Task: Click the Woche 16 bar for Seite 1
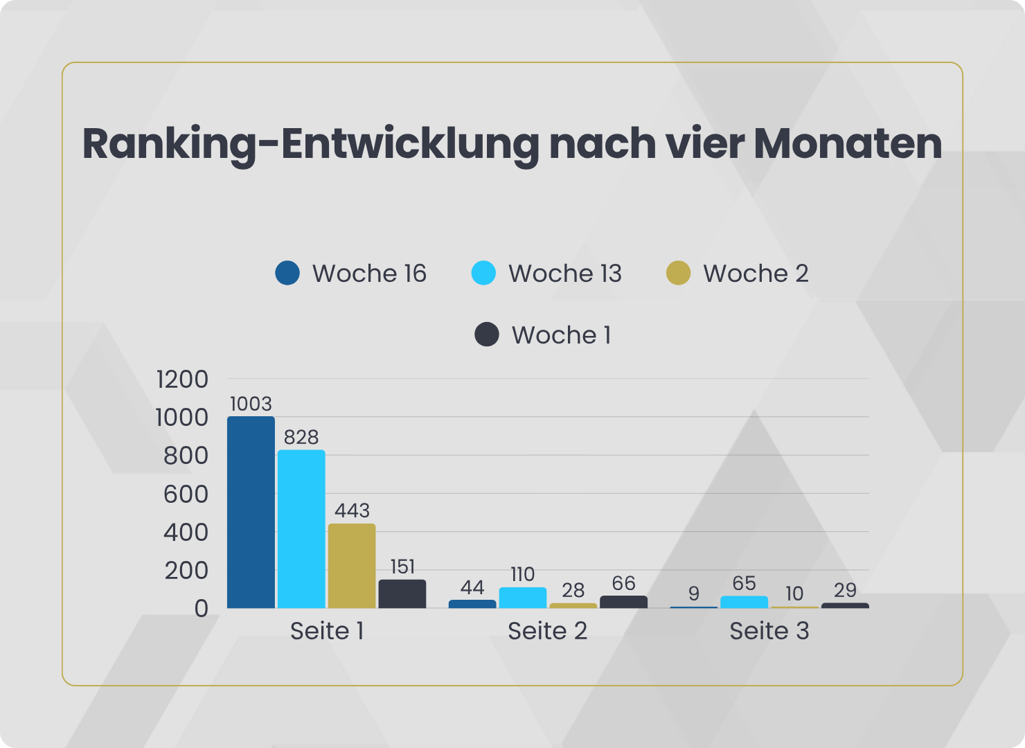click(251, 513)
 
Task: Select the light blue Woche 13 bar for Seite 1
click(301, 529)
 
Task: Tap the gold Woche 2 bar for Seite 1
click(352, 566)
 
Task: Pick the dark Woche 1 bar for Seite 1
click(402, 594)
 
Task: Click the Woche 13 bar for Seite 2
click(523, 598)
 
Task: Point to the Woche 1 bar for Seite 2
click(623, 602)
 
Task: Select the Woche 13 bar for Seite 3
click(744, 602)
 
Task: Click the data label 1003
click(251, 404)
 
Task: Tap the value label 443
click(352, 510)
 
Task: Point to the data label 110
click(523, 574)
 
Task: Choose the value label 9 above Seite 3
click(694, 594)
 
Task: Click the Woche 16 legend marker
click(287, 273)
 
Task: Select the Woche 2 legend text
click(756, 274)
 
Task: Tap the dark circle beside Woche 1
click(487, 335)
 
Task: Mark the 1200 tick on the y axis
click(182, 380)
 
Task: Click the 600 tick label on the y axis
click(186, 495)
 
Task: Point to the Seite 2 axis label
click(547, 631)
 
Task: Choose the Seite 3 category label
click(769, 631)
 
